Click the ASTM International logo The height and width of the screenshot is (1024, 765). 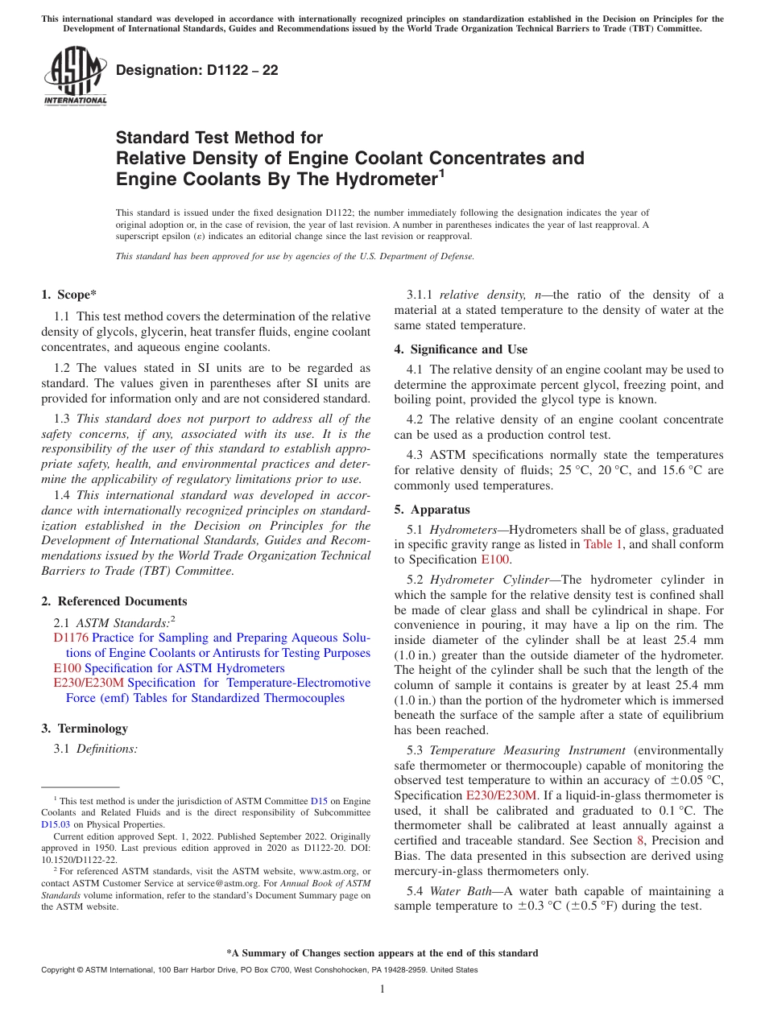(x=74, y=76)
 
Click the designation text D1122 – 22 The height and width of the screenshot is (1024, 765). (x=197, y=71)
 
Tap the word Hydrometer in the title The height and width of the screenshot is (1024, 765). (x=387, y=179)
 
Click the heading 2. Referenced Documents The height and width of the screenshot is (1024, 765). (x=114, y=601)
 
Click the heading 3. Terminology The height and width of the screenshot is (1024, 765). (x=85, y=729)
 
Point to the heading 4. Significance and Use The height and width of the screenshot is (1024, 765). (x=461, y=349)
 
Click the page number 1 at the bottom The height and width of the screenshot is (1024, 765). (x=382, y=989)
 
